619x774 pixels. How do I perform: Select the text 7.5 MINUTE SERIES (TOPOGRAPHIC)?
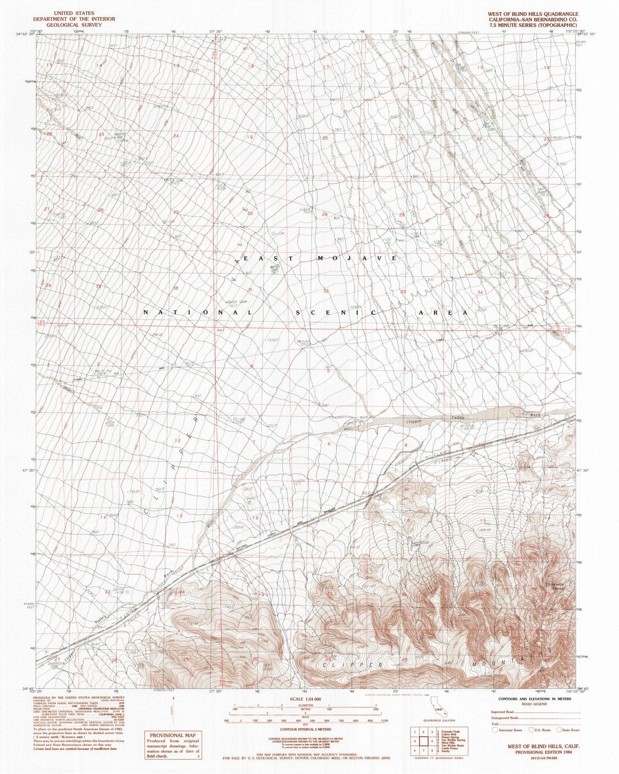click(x=538, y=24)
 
